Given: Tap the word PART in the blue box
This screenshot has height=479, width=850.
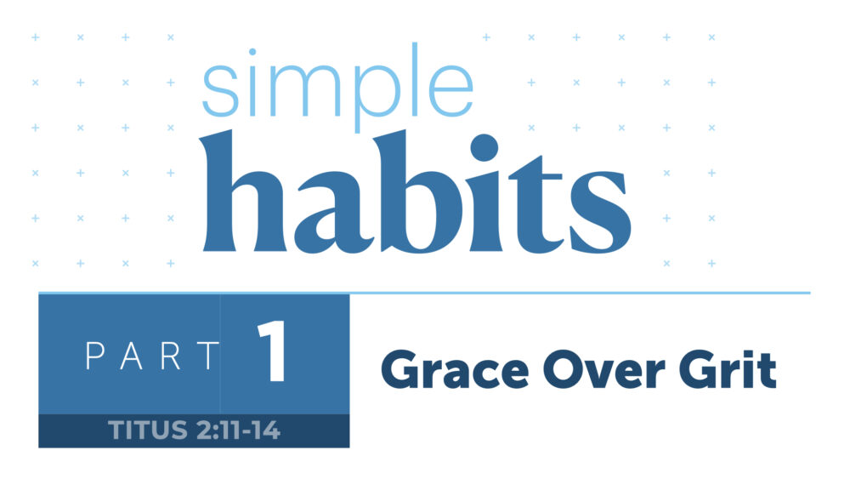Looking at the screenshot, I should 153,356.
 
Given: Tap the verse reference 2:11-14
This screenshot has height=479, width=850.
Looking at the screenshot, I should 235,431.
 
